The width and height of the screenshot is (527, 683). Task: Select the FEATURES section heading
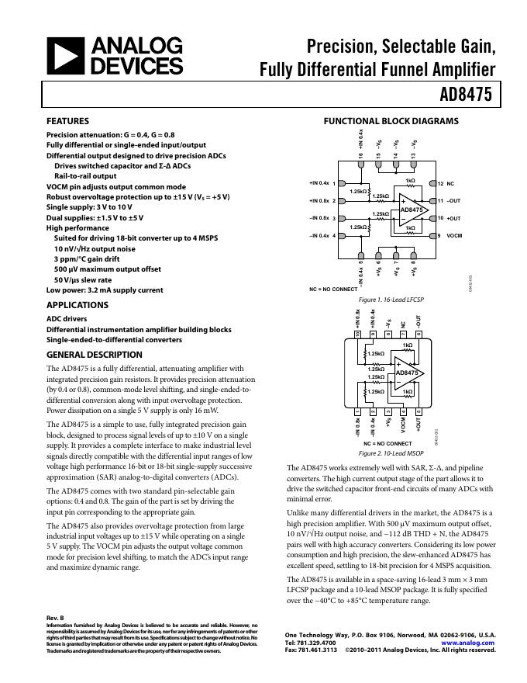(x=67, y=121)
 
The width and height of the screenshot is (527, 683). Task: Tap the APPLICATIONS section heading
(x=77, y=305)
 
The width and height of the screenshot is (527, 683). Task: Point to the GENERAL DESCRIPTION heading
(x=95, y=355)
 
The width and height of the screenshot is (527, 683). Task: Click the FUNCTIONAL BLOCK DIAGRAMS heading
(x=391, y=121)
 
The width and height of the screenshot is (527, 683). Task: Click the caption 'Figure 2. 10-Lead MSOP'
(x=391, y=452)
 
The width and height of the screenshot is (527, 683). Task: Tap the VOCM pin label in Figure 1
(x=456, y=235)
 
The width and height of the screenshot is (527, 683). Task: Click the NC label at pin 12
(x=451, y=184)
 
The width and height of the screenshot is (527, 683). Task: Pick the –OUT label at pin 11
(x=454, y=201)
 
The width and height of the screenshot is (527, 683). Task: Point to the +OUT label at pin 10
(x=454, y=218)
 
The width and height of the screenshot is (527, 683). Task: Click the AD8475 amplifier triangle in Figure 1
(x=411, y=210)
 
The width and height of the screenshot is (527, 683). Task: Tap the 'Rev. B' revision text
(x=56, y=618)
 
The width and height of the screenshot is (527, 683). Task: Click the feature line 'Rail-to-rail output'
(x=87, y=176)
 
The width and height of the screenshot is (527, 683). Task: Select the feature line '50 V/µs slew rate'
(x=83, y=279)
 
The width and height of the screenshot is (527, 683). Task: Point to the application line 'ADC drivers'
(x=67, y=318)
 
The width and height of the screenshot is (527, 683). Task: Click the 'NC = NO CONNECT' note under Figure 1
(x=333, y=289)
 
